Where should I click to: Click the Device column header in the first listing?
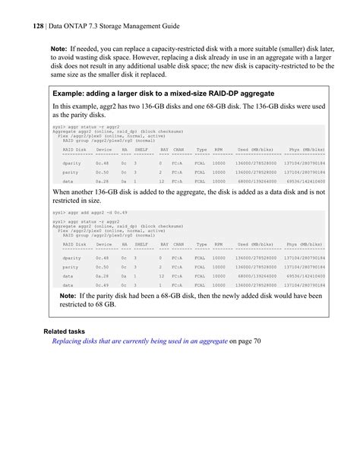tap(103, 151)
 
